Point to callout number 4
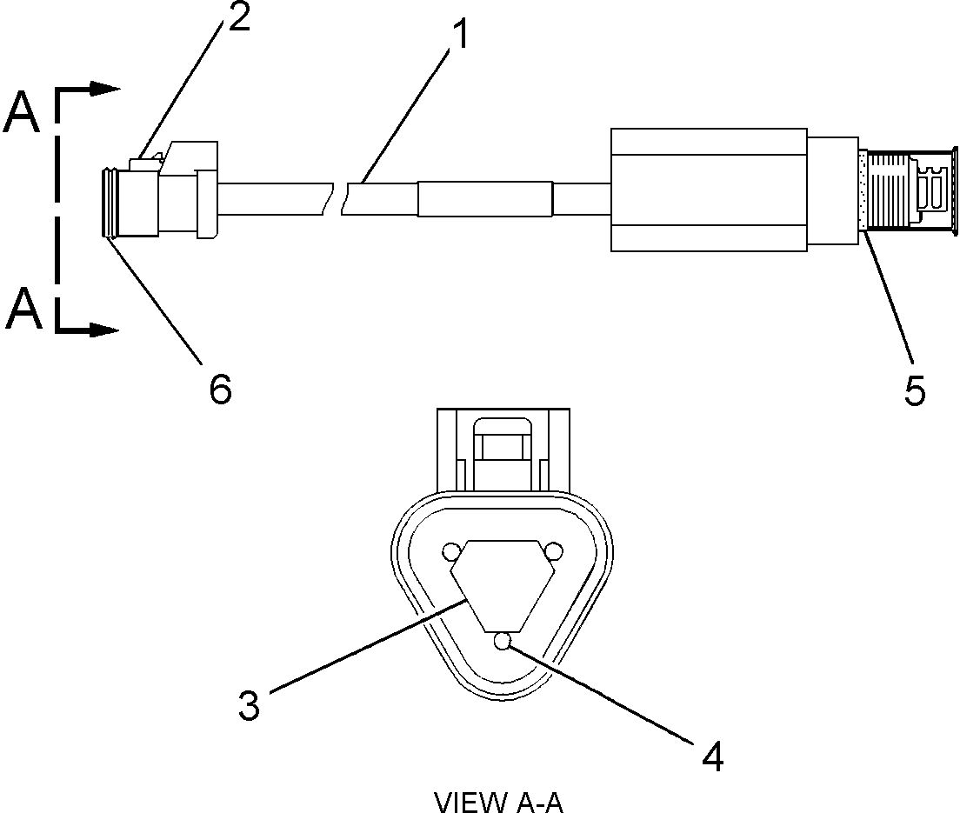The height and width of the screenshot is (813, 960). coord(712,756)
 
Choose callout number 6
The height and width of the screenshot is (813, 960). coord(220,389)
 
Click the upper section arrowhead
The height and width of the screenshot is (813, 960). coord(107,89)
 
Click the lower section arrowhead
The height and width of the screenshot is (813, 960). coord(107,330)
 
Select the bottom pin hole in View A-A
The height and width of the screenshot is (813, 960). coord(501,642)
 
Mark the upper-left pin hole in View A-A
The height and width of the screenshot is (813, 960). coord(450,551)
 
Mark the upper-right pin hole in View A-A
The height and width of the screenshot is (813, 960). coord(551,551)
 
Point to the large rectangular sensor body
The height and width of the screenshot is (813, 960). coord(709,190)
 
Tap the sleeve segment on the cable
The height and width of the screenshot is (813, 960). coord(484,198)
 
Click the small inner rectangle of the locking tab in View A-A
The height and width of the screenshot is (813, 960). coord(501,448)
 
